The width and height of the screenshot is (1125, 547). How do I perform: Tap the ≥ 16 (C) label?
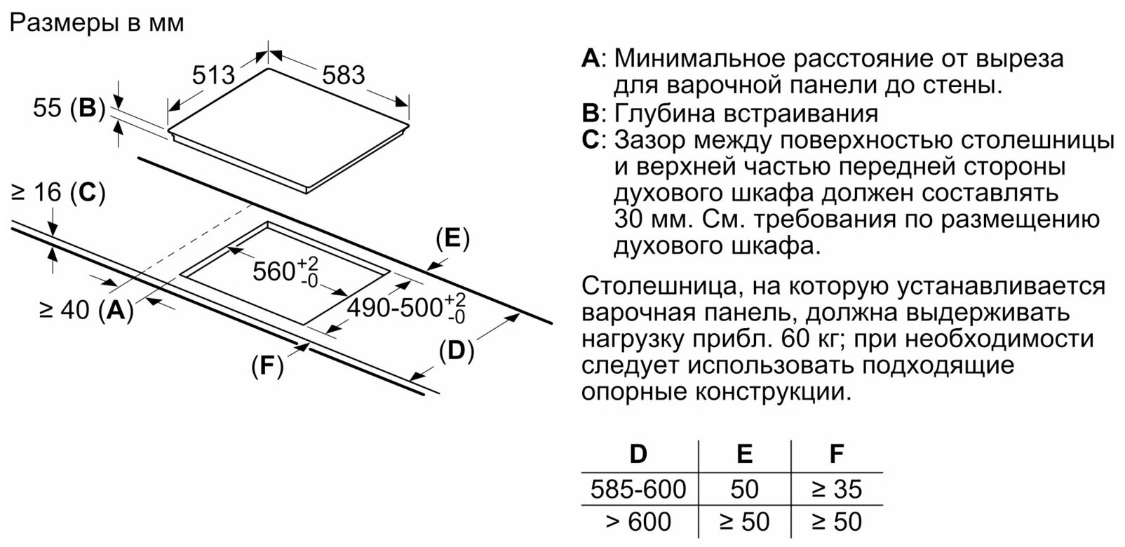coord(58,193)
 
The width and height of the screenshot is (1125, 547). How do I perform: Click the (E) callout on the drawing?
coord(452,239)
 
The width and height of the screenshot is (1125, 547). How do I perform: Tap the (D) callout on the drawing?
coord(456,351)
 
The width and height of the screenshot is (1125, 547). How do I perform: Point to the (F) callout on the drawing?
coord(267,365)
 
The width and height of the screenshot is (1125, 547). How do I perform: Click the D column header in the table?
coord(638,454)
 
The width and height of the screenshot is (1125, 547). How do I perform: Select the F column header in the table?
coord(835,454)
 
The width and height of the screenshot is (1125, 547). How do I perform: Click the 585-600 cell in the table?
coord(638,489)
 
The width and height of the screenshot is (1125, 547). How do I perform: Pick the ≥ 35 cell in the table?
coord(835,489)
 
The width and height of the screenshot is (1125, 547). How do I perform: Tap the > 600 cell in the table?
coord(638,522)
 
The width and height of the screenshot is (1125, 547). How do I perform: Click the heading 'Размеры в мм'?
coord(97,22)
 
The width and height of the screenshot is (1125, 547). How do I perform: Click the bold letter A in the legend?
coord(591,58)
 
